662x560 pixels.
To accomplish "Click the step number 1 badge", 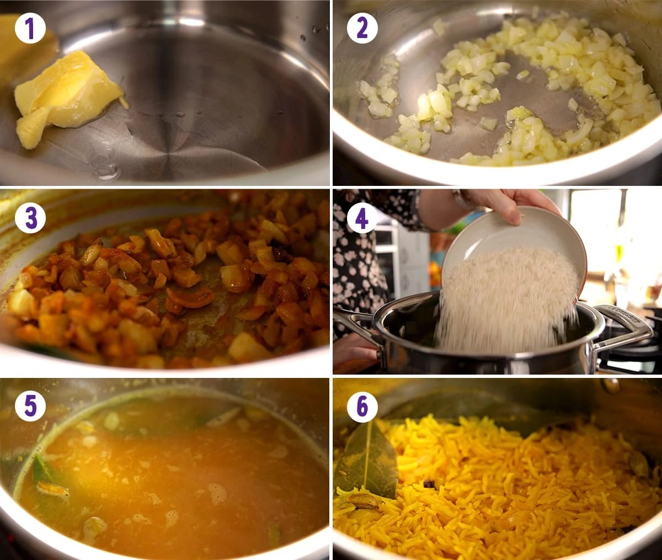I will tap(30, 28).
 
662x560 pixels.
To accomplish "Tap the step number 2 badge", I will tap(362, 28).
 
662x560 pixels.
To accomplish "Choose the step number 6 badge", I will tap(362, 407).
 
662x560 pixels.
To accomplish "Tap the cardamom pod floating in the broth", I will tap(52, 489).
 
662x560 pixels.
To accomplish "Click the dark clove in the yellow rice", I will tap(430, 484).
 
